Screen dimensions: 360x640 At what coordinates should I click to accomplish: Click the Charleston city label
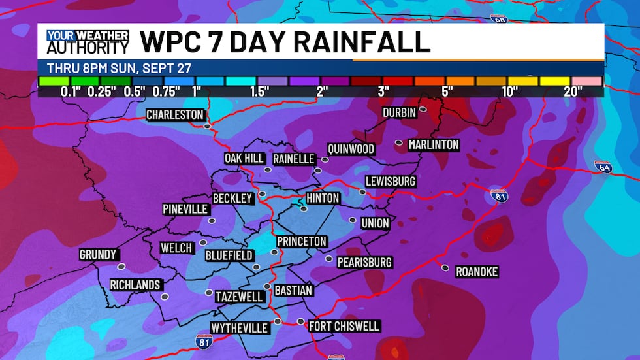pyautogui.click(x=174, y=115)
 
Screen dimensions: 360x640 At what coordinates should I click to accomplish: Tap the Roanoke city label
pyautogui.click(x=477, y=272)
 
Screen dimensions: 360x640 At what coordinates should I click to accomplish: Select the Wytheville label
pyautogui.click(x=240, y=327)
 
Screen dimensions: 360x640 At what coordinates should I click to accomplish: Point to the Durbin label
pyautogui.click(x=399, y=112)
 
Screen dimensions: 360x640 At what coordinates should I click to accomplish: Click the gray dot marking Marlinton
pyautogui.click(x=399, y=142)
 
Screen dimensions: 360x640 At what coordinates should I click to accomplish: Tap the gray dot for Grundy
pyautogui.click(x=121, y=267)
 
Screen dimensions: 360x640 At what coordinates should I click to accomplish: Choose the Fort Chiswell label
pyautogui.click(x=344, y=326)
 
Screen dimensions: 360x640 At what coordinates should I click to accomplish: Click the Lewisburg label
pyautogui.click(x=391, y=181)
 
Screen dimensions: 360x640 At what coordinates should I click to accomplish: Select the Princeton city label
pyautogui.click(x=302, y=241)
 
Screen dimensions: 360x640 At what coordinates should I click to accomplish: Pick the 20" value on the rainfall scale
pyautogui.click(x=573, y=91)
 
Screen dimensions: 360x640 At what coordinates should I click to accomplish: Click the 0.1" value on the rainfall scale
pyautogui.click(x=71, y=91)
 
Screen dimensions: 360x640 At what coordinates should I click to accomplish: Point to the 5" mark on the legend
pyautogui.click(x=447, y=91)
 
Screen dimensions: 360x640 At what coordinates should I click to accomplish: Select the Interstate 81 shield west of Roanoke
pyautogui.click(x=498, y=195)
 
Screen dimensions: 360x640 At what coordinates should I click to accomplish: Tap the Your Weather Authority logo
pyautogui.click(x=88, y=42)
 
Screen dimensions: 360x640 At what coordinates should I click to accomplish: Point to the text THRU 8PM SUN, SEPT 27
pyautogui.click(x=120, y=68)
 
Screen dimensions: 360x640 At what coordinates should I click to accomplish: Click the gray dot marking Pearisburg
pyautogui.click(x=329, y=259)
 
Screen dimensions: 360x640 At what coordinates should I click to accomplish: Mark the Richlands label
pyautogui.click(x=135, y=285)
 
